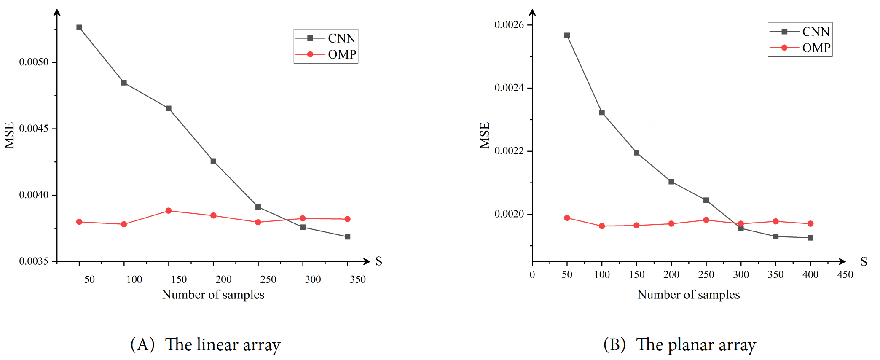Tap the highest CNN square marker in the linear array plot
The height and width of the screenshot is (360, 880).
(79, 27)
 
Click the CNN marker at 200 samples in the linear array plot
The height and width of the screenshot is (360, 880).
(213, 161)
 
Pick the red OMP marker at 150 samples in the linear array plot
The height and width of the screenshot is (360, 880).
(169, 210)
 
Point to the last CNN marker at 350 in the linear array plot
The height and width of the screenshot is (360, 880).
(347, 237)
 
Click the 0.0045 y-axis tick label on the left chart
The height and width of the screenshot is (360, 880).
(34, 129)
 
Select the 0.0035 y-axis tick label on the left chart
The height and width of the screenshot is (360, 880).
(34, 261)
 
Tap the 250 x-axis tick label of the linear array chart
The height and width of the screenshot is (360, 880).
(268, 279)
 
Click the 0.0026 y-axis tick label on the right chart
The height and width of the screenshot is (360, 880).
(509, 25)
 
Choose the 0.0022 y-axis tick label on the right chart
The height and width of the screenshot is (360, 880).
(509, 151)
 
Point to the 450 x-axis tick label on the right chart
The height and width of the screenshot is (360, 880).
(845, 275)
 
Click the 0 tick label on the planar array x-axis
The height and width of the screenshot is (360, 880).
(532, 275)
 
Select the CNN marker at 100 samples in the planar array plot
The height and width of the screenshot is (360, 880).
(602, 113)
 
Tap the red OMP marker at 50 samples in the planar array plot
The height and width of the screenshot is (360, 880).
(567, 218)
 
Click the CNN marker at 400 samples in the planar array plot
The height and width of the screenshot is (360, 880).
(810, 238)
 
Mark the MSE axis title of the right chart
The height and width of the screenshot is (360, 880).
(485, 135)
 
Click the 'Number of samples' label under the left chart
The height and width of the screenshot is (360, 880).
(213, 295)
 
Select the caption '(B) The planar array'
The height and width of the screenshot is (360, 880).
(679, 345)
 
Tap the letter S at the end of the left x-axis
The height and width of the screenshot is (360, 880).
(379, 261)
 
